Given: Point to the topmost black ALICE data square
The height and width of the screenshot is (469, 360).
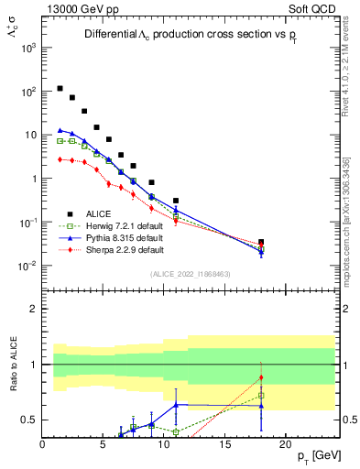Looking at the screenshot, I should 60,89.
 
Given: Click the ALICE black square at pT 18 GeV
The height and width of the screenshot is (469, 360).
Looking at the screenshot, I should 261,242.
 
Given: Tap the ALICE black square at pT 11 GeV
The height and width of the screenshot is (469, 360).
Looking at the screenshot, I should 176,201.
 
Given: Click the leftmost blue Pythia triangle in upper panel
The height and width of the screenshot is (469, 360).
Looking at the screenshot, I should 60,130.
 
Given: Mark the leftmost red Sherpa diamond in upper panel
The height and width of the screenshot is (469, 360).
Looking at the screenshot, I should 60,159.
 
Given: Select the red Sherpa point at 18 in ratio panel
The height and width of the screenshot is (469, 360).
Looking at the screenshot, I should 261,377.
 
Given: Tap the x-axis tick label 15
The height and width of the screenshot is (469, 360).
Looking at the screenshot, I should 224,445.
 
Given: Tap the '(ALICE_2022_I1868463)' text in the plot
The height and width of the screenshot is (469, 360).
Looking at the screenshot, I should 191,274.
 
